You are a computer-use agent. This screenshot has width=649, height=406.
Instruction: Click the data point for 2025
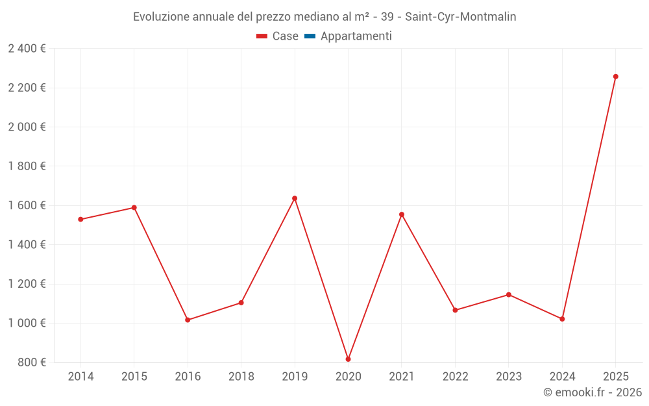615,77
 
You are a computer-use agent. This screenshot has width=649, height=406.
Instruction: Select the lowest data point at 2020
348,359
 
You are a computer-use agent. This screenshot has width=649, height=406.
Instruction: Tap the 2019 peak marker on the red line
295,198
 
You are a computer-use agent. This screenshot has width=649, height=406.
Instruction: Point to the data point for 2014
80,220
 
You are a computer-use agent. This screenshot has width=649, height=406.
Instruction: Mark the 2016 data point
188,320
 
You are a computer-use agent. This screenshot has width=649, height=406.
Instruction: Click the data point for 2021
402,214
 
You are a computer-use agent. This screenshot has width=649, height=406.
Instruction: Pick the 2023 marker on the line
509,295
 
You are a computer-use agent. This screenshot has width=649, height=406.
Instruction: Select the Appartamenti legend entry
356,36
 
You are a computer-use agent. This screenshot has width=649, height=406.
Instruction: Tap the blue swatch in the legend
310,36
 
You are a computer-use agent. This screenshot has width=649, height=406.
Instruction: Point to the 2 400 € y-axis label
27,49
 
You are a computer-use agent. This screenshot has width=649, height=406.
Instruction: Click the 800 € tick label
31,362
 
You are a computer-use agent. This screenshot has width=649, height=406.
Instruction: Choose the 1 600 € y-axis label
27,205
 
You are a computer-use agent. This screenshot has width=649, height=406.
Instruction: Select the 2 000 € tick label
27,127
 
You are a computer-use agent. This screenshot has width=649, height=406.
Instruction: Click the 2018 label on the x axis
241,377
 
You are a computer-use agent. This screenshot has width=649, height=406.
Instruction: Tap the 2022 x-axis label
455,377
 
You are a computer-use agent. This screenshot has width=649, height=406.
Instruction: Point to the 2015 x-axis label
134,377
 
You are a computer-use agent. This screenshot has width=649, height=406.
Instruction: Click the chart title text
324,17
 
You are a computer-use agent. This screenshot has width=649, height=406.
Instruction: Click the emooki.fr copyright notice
592,392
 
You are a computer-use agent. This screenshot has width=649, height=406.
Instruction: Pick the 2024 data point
562,319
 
